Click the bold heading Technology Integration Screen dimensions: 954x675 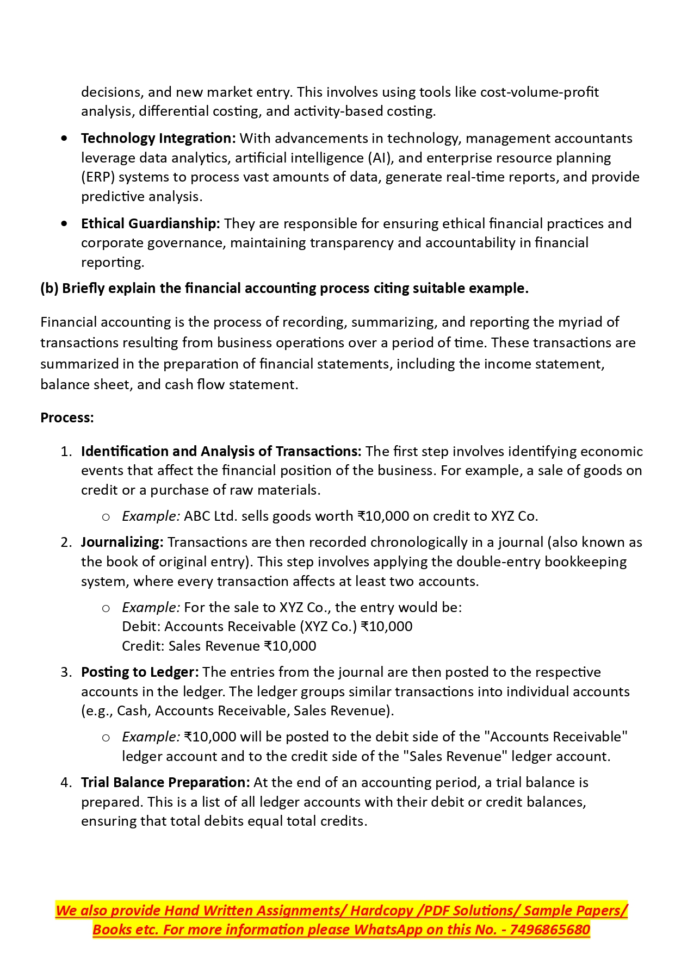point(158,139)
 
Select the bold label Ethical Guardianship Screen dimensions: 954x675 point(150,224)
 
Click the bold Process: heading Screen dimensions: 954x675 point(67,418)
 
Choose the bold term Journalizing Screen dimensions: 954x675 point(122,543)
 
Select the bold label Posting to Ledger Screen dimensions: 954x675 point(140,672)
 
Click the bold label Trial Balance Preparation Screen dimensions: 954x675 point(165,783)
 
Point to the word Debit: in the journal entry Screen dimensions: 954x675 point(141,627)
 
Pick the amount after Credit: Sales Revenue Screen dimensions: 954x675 point(290,646)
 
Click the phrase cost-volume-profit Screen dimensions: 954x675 point(539,92)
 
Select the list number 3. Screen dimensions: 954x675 point(65,672)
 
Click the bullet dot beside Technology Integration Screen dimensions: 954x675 point(65,139)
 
